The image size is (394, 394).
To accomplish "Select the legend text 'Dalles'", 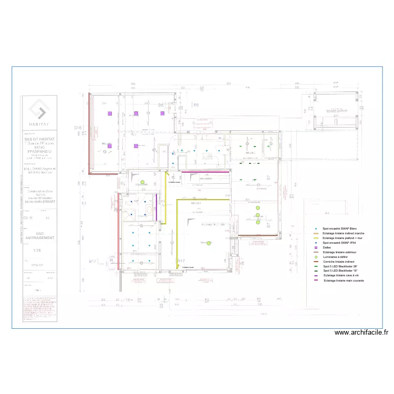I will click(x=326, y=247).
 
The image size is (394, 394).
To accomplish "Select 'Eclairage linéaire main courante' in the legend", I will click(x=344, y=281).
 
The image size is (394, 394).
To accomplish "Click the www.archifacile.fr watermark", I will click(x=361, y=332).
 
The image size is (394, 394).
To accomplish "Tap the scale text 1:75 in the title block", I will click(x=39, y=250).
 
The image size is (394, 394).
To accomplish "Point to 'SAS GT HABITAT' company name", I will click(x=39, y=138).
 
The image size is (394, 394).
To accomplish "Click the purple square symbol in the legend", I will click(x=315, y=247).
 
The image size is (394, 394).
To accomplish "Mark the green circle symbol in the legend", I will click(x=315, y=257).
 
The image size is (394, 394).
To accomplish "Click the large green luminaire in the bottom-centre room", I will click(x=209, y=243).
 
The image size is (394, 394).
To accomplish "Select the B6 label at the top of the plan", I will click(x=196, y=106).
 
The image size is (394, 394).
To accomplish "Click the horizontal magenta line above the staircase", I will click(x=204, y=171).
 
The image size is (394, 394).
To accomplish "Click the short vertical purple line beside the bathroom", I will click(x=156, y=202).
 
